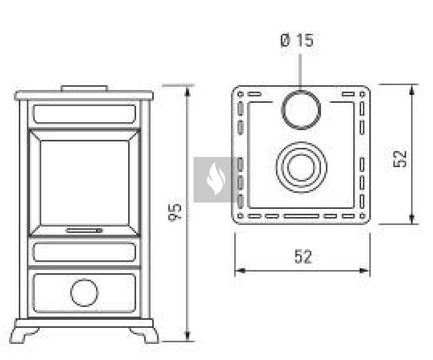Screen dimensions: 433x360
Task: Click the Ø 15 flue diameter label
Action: pyautogui.click(x=297, y=41)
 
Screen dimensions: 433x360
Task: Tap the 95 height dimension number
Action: pyautogui.click(x=175, y=213)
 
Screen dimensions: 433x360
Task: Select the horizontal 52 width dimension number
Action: pyautogui.click(x=303, y=257)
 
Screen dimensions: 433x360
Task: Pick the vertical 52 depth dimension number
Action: pyautogui.click(x=400, y=159)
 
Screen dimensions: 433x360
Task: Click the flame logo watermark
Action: pyautogui.click(x=216, y=178)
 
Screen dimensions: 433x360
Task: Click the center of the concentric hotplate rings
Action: pyautogui.click(x=301, y=167)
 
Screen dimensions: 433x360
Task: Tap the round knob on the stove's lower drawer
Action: pyautogui.click(x=84, y=292)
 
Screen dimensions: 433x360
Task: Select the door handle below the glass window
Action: pyautogui.click(x=84, y=230)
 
